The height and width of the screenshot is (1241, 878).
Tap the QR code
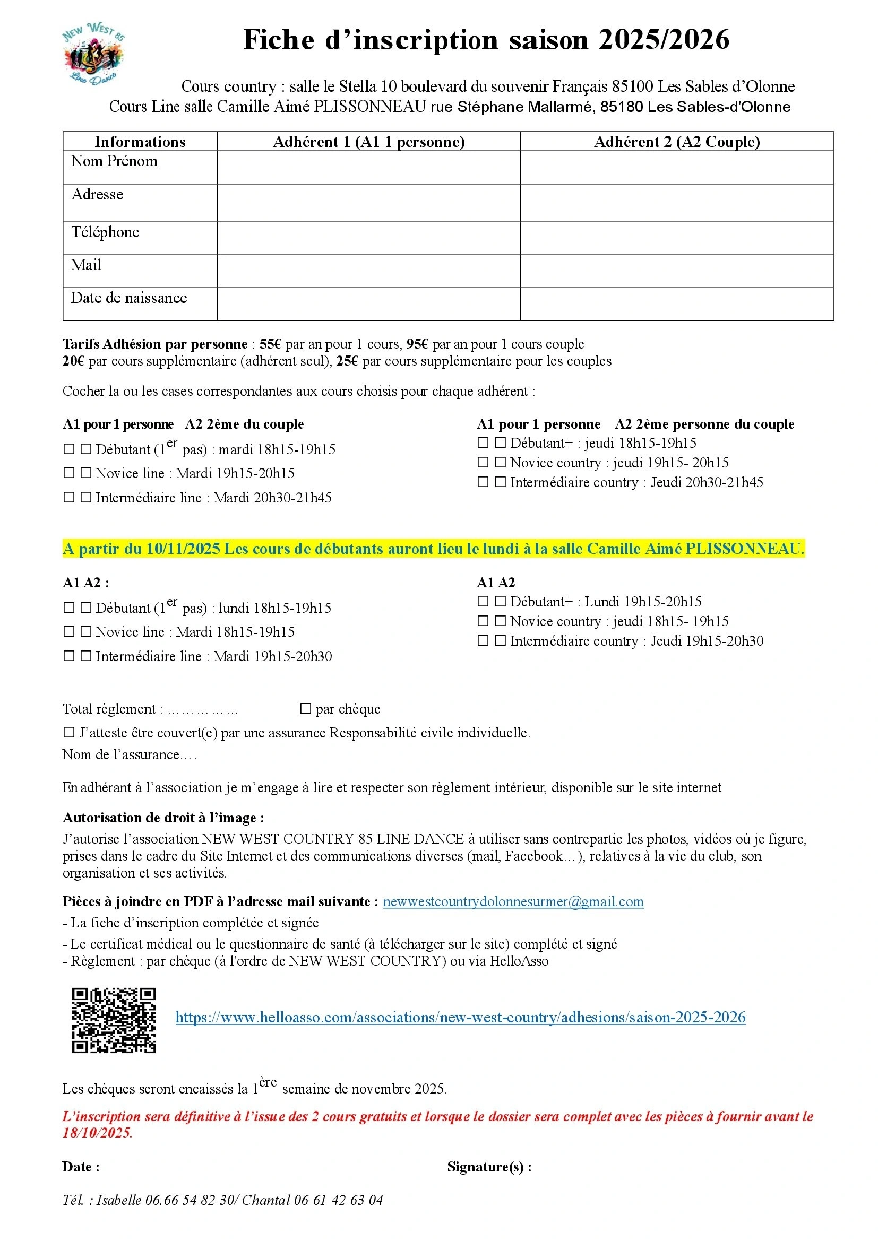coord(114,1020)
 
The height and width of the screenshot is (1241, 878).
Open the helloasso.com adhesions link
coord(460,1017)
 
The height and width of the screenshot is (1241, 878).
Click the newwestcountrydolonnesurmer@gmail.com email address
coord(513,901)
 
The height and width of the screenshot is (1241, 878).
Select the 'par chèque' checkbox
coord(306,708)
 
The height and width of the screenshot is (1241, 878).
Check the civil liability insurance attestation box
coord(69,732)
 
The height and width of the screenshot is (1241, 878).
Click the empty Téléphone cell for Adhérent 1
coord(368,238)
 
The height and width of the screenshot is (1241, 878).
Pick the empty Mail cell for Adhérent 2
coord(676,271)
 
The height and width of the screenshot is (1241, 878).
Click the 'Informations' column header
coord(140,142)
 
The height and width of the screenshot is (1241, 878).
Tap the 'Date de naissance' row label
coord(128,298)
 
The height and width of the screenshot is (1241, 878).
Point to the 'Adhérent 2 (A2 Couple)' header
coord(676,142)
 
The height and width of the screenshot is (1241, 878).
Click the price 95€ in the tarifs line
coord(417,344)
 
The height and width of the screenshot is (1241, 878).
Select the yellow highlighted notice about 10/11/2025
coord(433,549)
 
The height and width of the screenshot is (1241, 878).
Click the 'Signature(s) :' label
coord(489,1166)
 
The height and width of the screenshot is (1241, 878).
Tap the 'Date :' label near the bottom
coord(81,1166)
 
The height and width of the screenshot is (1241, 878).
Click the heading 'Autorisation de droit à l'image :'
coord(163,817)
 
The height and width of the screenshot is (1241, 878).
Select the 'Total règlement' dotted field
coord(203,709)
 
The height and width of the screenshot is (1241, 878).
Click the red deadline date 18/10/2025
coord(97,1132)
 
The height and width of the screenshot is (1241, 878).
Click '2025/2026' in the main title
coord(664,40)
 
